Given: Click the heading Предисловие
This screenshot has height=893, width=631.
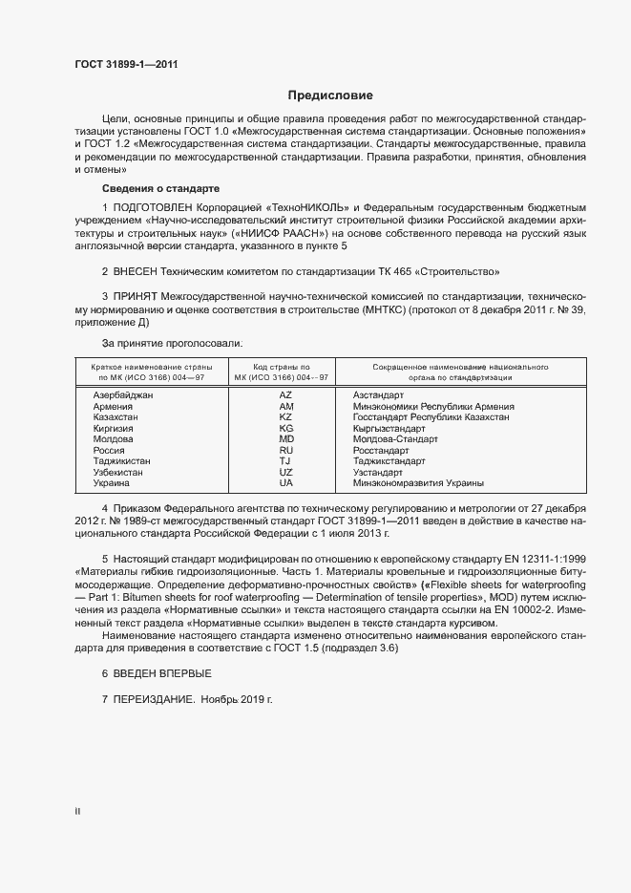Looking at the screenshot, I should click(x=330, y=96).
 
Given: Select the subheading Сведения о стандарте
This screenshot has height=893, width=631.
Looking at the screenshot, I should click(x=160, y=188).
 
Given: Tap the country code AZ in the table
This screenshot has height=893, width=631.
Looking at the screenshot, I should click(x=285, y=394).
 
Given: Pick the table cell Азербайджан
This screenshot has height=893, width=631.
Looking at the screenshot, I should click(x=123, y=394).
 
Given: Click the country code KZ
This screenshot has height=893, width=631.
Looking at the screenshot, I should click(x=285, y=417).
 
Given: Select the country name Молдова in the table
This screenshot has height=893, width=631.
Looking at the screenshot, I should click(x=114, y=439).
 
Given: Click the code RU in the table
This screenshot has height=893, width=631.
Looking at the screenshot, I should click(x=285, y=450).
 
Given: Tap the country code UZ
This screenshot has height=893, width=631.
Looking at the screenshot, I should click(x=285, y=472).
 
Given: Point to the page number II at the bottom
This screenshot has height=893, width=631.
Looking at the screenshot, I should click(x=77, y=812).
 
